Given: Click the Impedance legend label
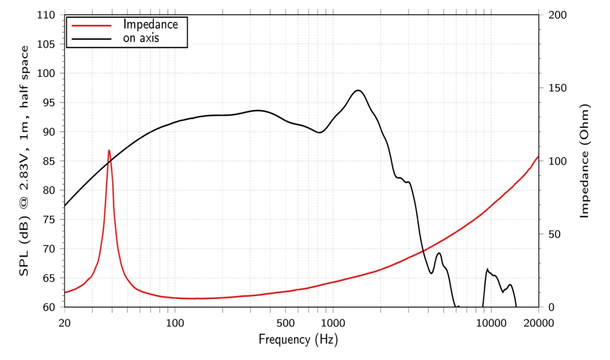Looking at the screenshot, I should click(150, 24).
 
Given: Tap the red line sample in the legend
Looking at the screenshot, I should click(90, 25).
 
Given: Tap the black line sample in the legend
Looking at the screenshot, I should click(90, 38).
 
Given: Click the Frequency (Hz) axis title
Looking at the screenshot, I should click(298, 340).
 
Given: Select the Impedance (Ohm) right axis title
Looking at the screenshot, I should click(585, 161).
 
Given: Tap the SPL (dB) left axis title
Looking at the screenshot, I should click(24, 161).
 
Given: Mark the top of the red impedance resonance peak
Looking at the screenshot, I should click(109, 150).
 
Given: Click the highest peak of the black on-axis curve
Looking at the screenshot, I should click(358, 90).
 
